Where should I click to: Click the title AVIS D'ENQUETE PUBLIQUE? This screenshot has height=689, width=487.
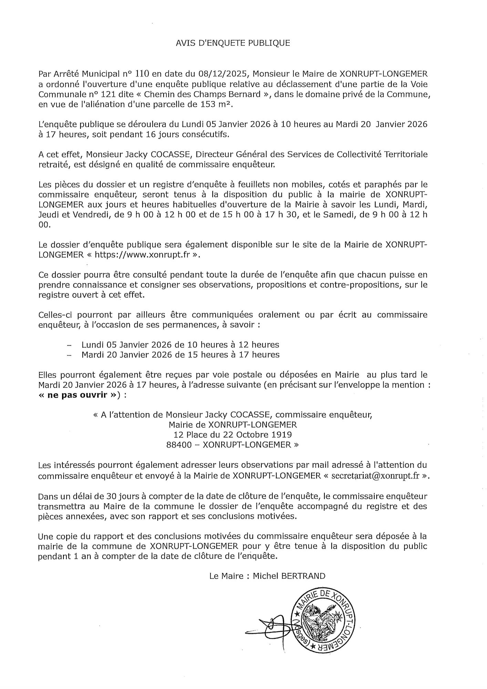point(233,43)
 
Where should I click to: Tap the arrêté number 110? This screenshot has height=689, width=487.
point(143,74)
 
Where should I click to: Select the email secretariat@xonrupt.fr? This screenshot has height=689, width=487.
point(375,476)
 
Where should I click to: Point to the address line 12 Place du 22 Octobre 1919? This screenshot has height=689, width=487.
point(233,434)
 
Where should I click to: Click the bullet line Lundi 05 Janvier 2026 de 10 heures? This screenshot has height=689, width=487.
point(180,344)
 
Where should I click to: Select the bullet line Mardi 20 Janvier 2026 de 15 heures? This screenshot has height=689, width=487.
point(180,354)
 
